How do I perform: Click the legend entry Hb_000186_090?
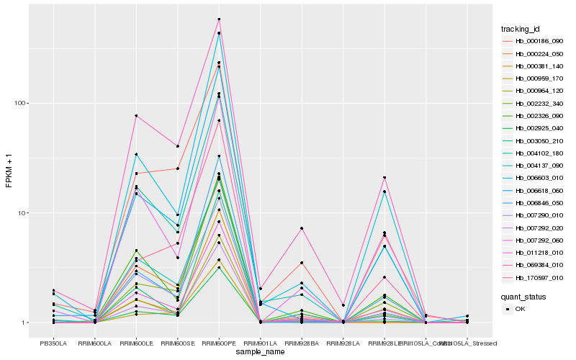539,42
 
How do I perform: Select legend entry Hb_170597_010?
539,278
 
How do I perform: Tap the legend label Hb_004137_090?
539,166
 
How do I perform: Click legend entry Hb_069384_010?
539,266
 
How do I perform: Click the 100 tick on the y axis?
19,103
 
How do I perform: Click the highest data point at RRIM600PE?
219,19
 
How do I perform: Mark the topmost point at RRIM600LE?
136,116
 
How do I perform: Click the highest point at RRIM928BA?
302,228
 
